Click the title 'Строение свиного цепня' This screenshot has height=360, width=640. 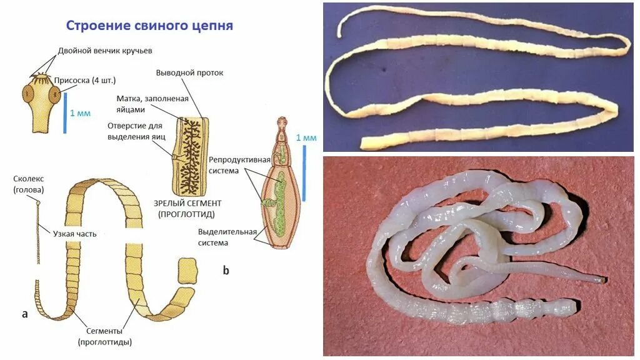pos(149,26)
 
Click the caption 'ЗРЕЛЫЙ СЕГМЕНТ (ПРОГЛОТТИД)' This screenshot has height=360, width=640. pos(187,209)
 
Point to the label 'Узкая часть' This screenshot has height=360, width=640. pos(74,234)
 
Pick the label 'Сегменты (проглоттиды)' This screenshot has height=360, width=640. pos(105,336)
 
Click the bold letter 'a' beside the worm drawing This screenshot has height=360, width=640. pos(24,314)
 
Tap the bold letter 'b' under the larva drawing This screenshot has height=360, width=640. pos(226,270)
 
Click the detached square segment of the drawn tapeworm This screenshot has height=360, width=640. pos(187,271)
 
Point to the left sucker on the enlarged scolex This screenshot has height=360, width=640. pos(27,94)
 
